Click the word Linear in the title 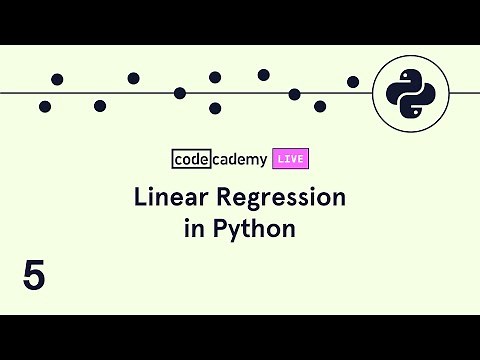click(165, 197)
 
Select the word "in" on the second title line click(193, 228)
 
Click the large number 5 click(34, 276)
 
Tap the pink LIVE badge click(290, 158)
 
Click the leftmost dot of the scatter click(45, 106)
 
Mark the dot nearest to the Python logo click(353, 81)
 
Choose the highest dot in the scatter click(264, 74)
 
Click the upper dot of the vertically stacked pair click(215, 77)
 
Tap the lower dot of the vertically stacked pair click(215, 108)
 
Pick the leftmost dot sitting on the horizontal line click(180, 93)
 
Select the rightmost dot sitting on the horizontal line click(294, 94)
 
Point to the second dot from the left click(57, 79)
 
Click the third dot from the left click(100, 105)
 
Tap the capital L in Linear click(140, 197)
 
